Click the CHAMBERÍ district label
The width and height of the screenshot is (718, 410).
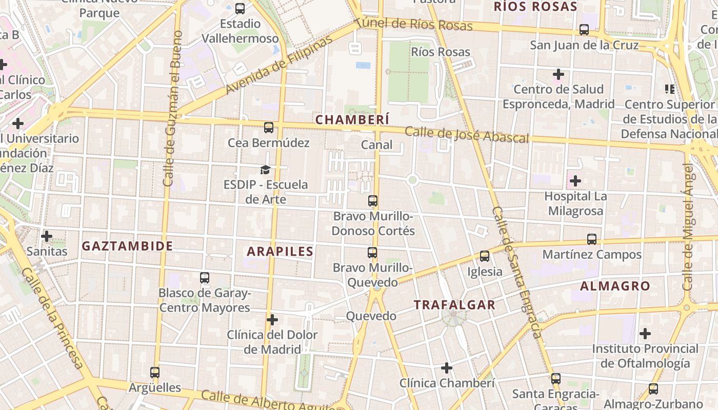point(352,119)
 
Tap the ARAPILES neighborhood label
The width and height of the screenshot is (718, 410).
point(280,251)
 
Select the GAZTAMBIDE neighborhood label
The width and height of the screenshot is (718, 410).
point(128,246)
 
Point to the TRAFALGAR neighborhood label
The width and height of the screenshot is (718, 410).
point(454,305)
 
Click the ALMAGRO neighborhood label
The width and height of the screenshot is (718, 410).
point(615,286)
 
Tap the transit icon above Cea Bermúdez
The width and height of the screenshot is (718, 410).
point(269,128)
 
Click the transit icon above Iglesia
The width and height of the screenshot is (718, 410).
point(485,256)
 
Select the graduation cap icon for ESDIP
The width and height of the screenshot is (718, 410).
point(265,170)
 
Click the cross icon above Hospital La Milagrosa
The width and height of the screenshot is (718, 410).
point(575,181)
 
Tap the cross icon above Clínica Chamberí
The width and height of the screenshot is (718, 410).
point(447,368)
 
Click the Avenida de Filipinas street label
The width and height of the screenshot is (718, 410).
point(279,66)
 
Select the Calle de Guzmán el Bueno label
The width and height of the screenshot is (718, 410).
point(172,108)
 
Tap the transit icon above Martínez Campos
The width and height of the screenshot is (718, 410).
point(592,239)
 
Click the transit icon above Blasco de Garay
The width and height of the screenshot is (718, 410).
point(205,278)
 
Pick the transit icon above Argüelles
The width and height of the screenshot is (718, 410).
point(155,373)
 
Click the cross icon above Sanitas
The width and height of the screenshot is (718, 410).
point(47,236)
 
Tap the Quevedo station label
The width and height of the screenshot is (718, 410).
point(371,316)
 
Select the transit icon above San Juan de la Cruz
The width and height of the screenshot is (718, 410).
point(584,30)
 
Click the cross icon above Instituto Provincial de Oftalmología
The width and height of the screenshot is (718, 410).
point(645,334)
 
